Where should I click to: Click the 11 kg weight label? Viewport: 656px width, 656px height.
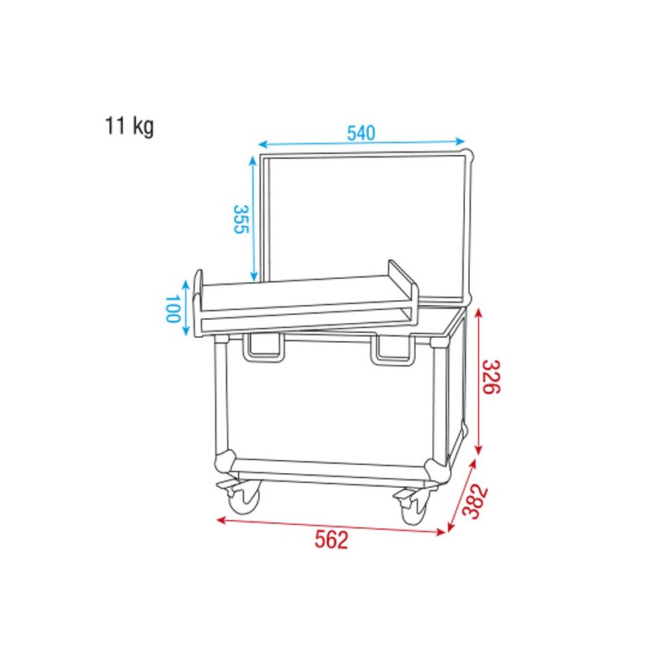[129, 127]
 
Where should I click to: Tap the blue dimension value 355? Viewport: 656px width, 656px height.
[239, 220]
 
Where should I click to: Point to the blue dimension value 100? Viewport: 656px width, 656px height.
[172, 307]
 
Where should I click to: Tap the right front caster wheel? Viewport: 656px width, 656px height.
[412, 508]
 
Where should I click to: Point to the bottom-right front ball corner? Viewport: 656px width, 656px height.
[438, 471]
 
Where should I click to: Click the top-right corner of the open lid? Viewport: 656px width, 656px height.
[469, 154]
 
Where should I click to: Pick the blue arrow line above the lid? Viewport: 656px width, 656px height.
[362, 143]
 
